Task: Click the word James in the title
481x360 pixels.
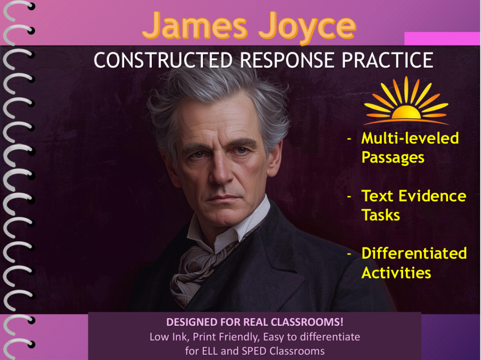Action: [195, 26]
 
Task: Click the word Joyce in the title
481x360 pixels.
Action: [307, 28]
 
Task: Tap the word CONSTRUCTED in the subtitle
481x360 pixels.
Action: [163, 60]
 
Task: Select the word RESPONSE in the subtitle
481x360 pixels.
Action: [287, 60]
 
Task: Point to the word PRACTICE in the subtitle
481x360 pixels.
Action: [388, 60]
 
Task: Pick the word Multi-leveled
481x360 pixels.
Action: [410, 138]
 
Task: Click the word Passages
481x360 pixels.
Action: [393, 158]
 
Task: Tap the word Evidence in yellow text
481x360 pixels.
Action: [432, 196]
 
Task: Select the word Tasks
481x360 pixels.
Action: [380, 215]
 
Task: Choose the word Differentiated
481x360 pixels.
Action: [414, 253]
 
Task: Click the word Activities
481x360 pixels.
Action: [396, 273]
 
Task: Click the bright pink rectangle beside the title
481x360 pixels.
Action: [442, 38]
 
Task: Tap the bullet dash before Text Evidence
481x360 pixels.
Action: [349, 196]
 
